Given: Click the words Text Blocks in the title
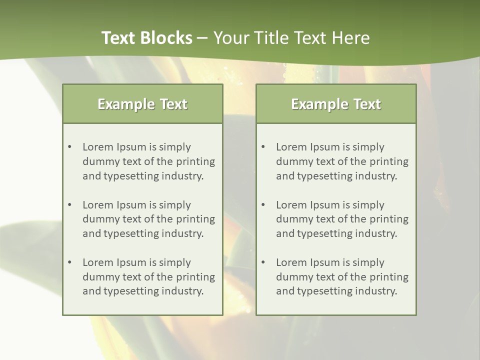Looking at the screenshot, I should (146, 38).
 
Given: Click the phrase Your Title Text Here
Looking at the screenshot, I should (291, 38).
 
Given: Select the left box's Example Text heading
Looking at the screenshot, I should (142, 104).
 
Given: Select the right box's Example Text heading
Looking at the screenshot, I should (336, 104).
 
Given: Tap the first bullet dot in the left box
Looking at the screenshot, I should (69, 147).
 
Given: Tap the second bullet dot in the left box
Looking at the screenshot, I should (69, 205).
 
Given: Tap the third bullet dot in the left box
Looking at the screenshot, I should (69, 262).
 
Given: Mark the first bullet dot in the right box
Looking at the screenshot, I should (263, 147).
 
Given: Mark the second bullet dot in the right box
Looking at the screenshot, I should (263, 205).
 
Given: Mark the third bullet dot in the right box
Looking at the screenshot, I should (263, 262).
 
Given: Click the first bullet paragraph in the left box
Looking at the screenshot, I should (148, 161).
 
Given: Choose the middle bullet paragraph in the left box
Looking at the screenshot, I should (148, 219).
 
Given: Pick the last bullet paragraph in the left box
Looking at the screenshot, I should (148, 277).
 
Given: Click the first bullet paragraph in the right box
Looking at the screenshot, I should (342, 161).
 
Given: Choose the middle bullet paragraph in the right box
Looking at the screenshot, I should (342, 219).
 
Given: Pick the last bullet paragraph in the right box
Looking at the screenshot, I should (342, 277).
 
